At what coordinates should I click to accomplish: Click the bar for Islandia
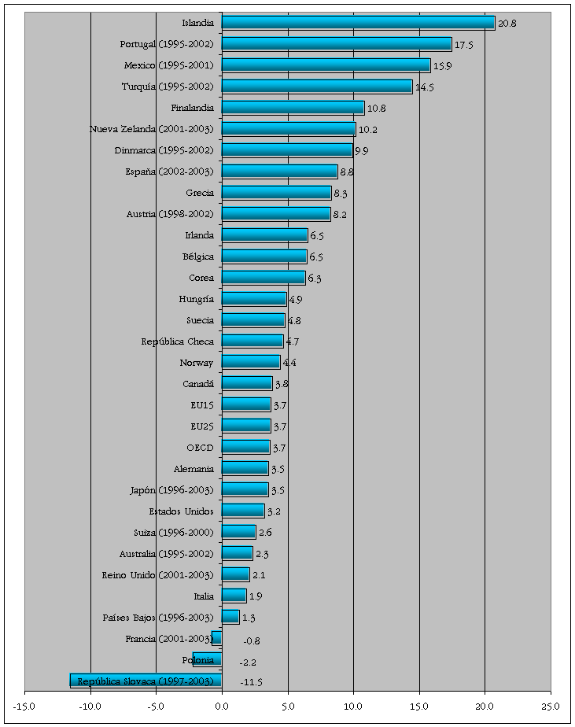click(358, 23)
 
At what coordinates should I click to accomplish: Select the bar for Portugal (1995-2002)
click(337, 44)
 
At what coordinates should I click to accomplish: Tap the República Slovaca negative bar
click(146, 681)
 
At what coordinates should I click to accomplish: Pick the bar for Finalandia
click(293, 108)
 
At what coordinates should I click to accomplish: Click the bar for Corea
click(264, 278)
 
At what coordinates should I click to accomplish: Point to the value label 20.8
click(507, 24)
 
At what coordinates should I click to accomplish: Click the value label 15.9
click(442, 66)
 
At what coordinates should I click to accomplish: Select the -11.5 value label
click(250, 681)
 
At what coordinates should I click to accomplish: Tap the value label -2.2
click(249, 660)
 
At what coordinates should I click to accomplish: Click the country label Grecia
click(200, 193)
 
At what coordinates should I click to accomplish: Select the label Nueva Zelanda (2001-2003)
click(152, 129)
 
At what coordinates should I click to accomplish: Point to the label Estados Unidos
click(182, 511)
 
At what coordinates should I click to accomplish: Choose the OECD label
click(200, 448)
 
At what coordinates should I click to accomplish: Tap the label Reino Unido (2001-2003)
click(158, 575)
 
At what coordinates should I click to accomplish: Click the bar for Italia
click(234, 596)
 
